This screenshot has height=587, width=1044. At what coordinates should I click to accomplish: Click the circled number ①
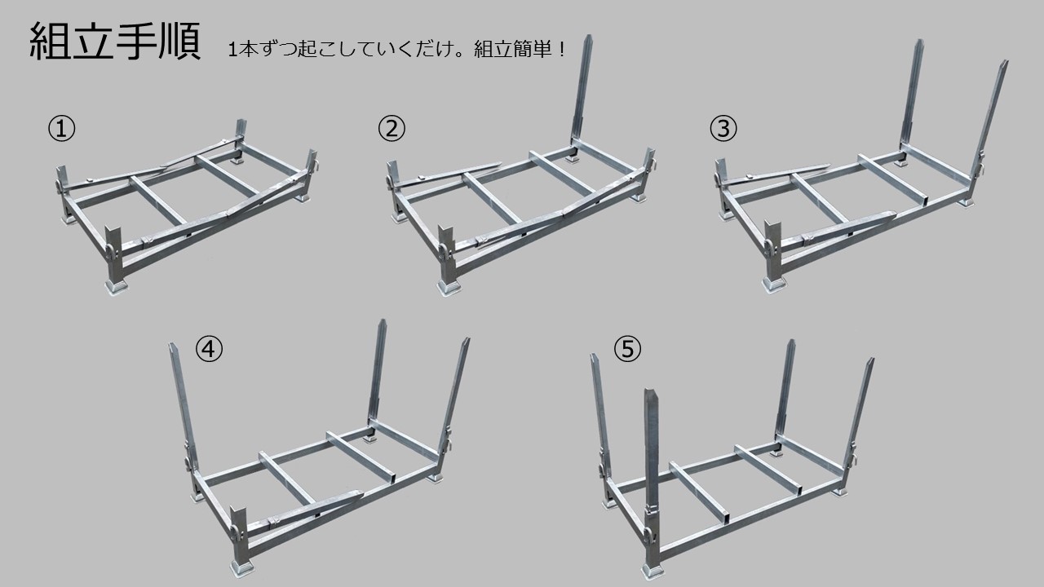pyautogui.click(x=61, y=129)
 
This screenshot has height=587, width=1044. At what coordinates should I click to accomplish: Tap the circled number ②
pyautogui.click(x=391, y=129)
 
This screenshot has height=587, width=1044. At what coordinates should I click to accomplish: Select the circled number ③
pyautogui.click(x=723, y=129)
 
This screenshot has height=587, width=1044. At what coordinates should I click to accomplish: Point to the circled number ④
pyautogui.click(x=209, y=349)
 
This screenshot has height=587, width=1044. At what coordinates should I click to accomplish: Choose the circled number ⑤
pyautogui.click(x=627, y=349)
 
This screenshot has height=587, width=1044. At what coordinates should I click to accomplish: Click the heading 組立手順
pyautogui.click(x=115, y=42)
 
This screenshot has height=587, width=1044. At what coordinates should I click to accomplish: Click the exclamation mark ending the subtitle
pyautogui.click(x=562, y=49)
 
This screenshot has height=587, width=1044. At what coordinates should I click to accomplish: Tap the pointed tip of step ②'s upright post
pyautogui.click(x=589, y=36)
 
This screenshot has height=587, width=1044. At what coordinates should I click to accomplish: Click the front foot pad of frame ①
pyautogui.click(x=116, y=287)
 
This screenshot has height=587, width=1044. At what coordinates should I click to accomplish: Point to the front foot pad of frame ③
pyautogui.click(x=774, y=285)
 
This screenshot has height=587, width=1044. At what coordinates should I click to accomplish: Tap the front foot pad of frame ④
pyautogui.click(x=242, y=567)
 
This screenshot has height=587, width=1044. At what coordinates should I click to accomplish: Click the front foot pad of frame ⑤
pyautogui.click(x=653, y=571)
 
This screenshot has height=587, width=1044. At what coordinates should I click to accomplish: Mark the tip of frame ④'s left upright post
pyautogui.click(x=171, y=345)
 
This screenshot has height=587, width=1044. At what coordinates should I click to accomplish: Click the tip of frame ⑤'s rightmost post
pyautogui.click(x=871, y=360)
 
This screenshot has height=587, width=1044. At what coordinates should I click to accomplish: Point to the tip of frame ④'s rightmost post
pyautogui.click(x=467, y=340)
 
